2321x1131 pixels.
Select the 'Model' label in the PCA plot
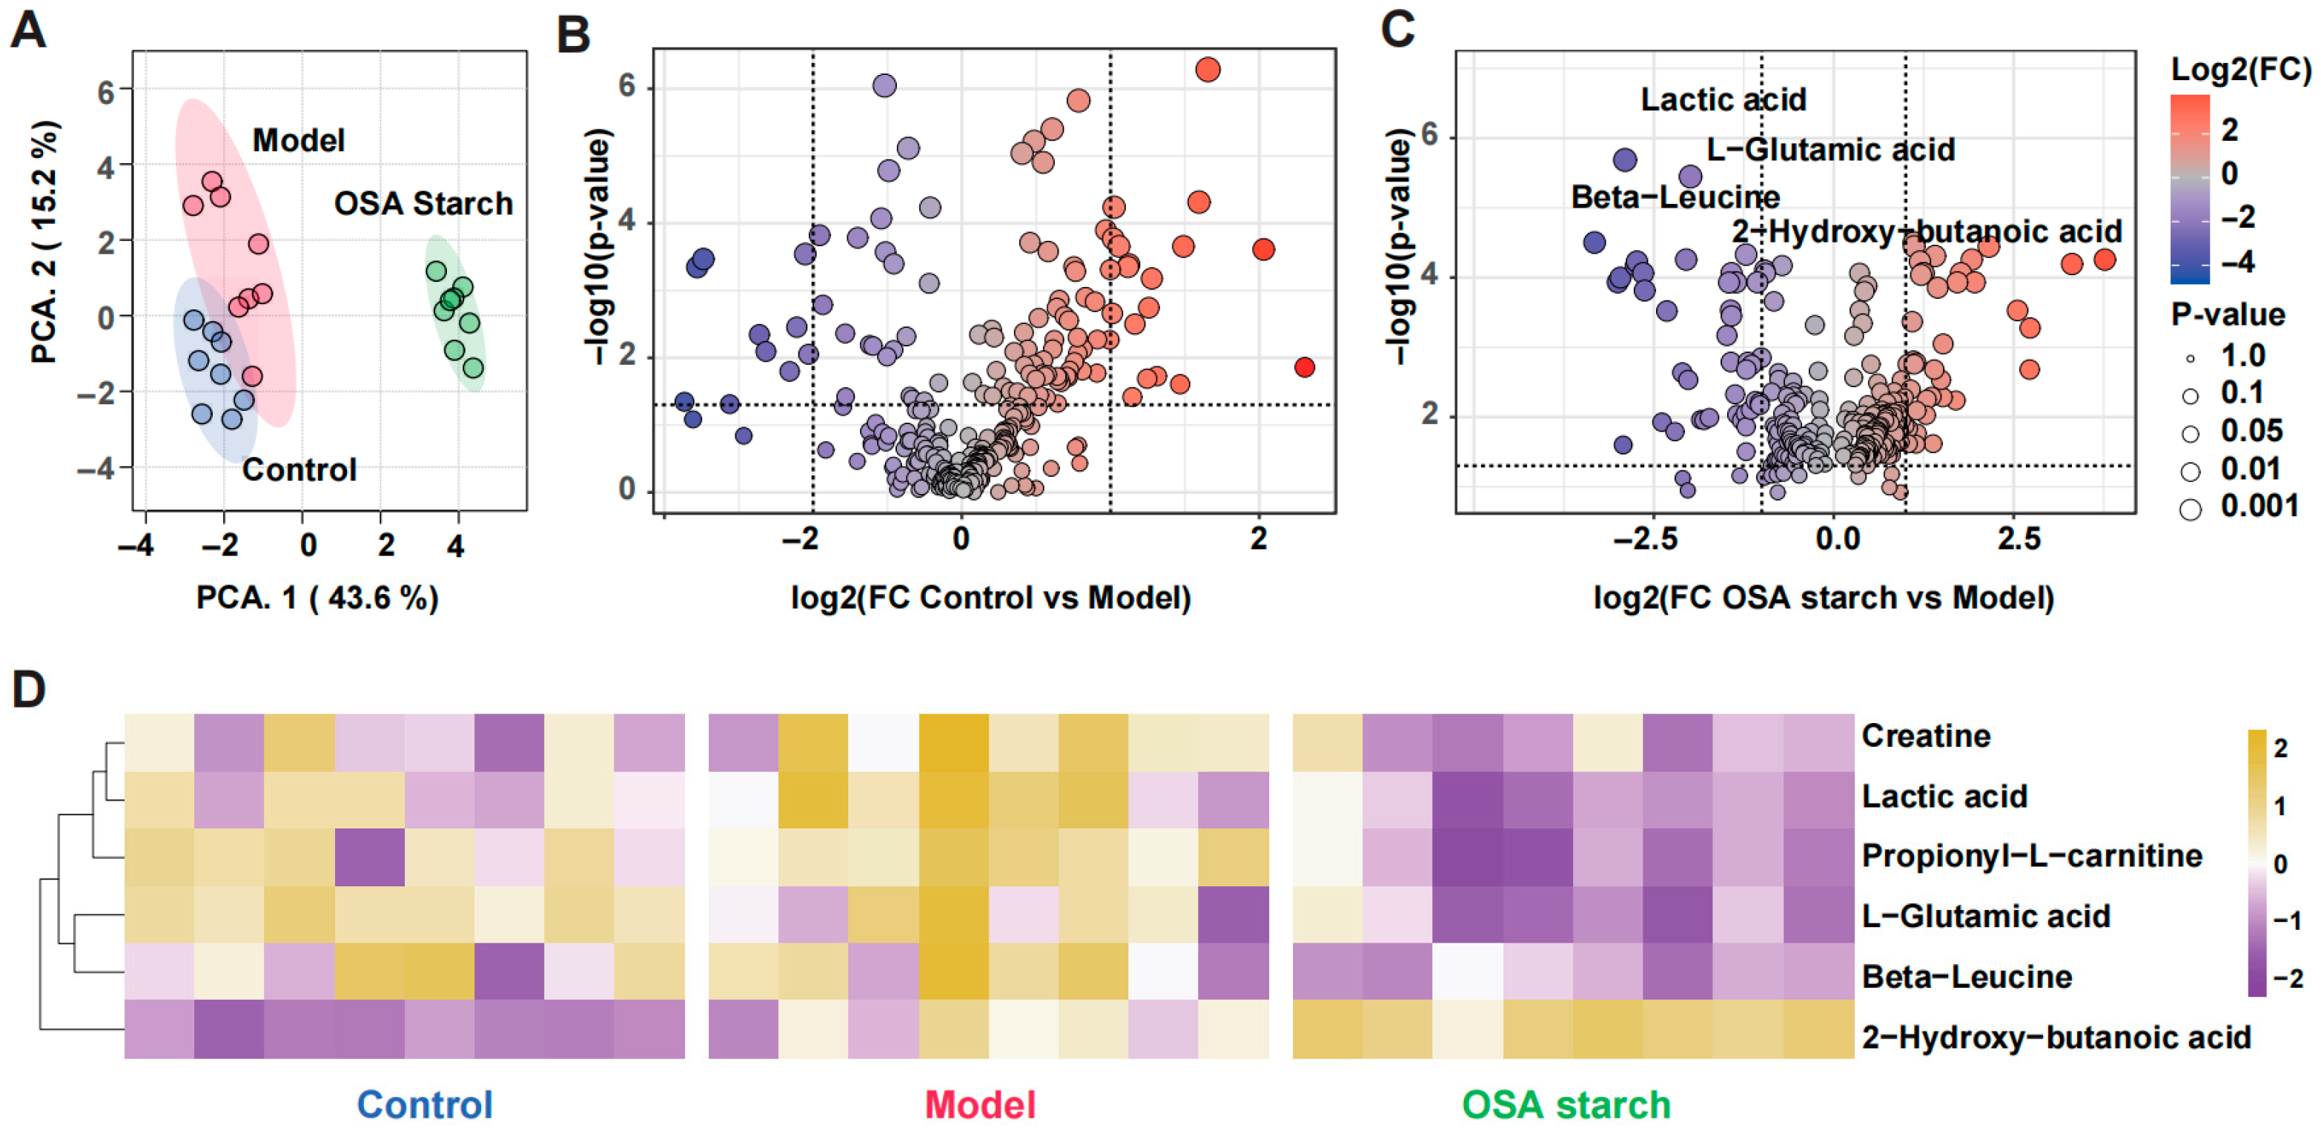point(298,141)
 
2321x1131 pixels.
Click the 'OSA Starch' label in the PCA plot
point(423,204)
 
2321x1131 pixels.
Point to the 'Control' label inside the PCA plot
point(299,469)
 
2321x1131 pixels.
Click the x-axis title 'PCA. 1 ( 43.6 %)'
point(317,598)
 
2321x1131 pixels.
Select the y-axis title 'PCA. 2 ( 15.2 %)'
point(44,242)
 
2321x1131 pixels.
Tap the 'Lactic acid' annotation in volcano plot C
point(1723,99)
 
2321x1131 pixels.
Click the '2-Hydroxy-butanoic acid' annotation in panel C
point(1927,231)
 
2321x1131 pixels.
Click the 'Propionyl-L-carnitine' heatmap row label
point(2031,855)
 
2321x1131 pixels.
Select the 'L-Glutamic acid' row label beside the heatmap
point(1985,916)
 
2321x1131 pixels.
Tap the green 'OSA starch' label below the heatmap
point(1566,1105)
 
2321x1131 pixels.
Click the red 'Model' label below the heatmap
point(979,1105)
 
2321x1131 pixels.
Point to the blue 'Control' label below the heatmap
point(424,1105)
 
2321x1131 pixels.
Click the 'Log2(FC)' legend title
point(2241,70)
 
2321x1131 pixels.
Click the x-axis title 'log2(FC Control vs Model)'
point(990,598)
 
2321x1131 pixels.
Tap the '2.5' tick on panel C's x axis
point(2019,539)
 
